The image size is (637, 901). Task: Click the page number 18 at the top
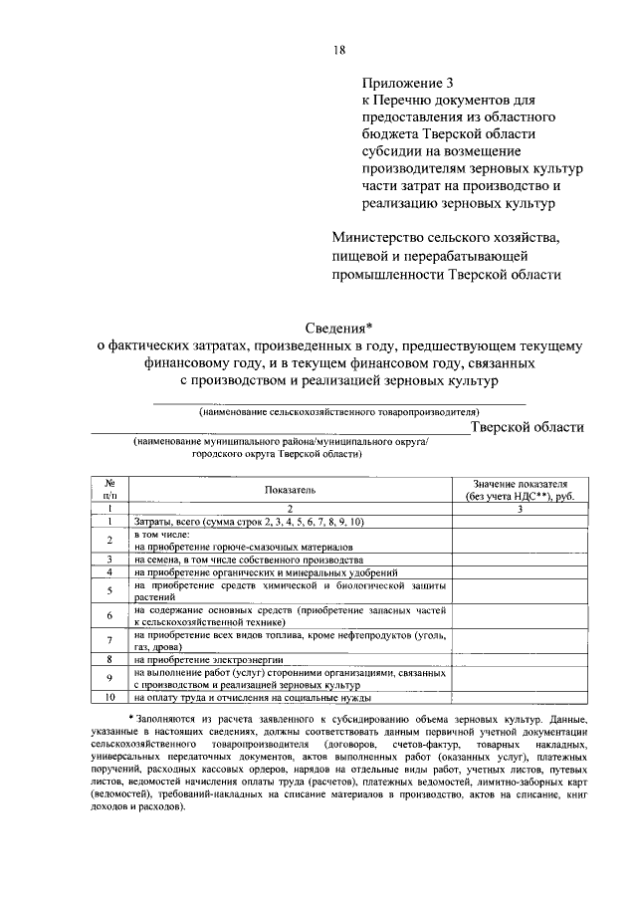point(338,51)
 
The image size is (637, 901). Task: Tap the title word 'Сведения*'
point(338,328)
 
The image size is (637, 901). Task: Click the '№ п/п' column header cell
point(110,487)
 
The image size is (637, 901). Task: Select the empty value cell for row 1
point(519,522)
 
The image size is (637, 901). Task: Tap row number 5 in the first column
point(108,590)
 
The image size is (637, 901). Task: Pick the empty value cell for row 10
point(519,699)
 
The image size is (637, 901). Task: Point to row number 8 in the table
point(108,659)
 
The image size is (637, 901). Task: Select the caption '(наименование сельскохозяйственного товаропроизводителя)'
point(338,410)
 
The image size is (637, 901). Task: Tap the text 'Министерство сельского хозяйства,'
point(447,238)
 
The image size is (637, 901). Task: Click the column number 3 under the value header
point(519,508)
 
